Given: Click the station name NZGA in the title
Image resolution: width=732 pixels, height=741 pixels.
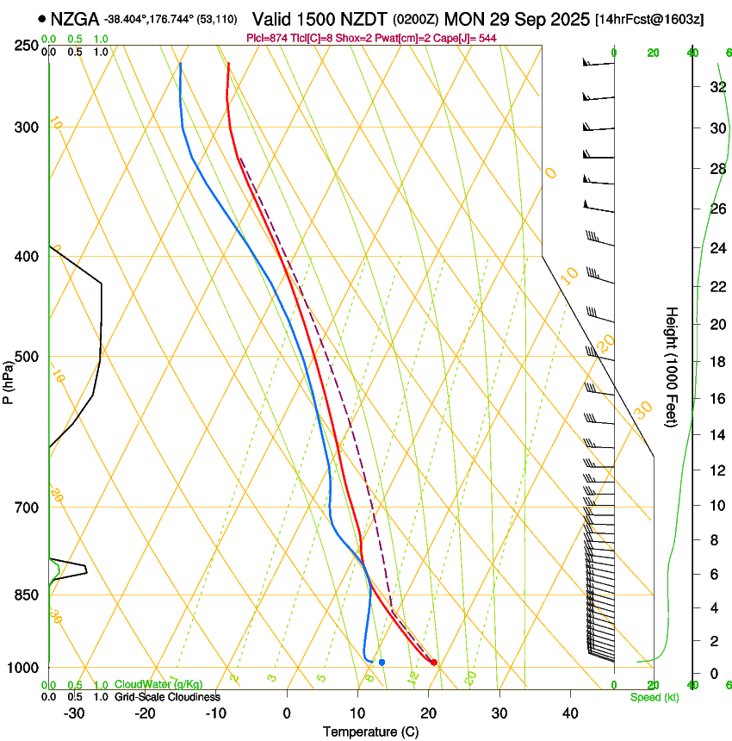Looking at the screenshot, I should click(x=76, y=19).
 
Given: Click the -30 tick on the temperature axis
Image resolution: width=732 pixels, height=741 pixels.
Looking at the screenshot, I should click(x=74, y=713).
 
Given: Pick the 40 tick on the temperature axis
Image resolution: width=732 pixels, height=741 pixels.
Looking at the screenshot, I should click(x=569, y=713).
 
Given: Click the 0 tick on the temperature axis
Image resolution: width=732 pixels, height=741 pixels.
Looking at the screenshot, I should click(x=287, y=713).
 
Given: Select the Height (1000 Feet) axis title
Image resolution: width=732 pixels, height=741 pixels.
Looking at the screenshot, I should click(x=672, y=366).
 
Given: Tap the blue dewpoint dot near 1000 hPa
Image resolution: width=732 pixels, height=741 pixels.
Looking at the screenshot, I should click(x=382, y=662).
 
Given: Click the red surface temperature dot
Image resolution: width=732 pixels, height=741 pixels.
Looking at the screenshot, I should click(x=434, y=663).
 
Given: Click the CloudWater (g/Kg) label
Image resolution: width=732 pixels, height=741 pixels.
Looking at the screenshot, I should click(x=158, y=685).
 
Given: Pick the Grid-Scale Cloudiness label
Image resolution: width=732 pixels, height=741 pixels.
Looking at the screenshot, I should click(x=167, y=697).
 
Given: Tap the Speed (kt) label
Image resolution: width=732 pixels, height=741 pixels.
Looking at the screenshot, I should click(x=654, y=697).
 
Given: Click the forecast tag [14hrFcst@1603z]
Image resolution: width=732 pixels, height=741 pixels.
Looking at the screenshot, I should click(x=649, y=19).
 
